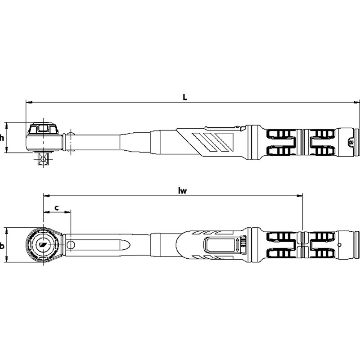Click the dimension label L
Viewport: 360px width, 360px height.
tap(185, 97)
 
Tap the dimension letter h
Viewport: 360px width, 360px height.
tap(2, 138)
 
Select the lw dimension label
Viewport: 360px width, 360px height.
tap(183, 190)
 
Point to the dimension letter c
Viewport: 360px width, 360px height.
tap(57, 208)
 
